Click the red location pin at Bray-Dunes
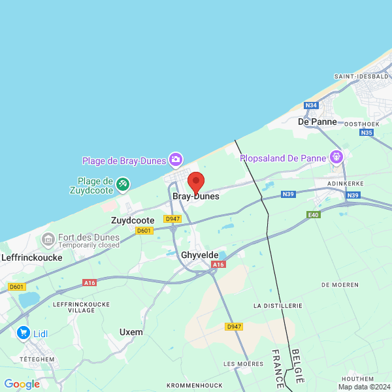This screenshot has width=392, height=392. tap(196, 182)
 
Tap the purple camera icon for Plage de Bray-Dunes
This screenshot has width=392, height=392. tap(175, 159)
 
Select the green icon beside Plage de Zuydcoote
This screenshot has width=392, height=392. tap(122, 185)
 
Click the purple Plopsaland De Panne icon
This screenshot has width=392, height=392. tap(336, 157)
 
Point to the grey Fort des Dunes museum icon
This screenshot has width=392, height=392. tap(48, 240)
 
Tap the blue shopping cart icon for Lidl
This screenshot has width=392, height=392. tap(24, 333)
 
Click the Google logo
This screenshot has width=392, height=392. tap(22, 384)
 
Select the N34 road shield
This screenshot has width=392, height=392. tap(311, 105)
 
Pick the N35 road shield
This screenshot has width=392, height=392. tap(366, 133)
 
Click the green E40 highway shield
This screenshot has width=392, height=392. tap(314, 214)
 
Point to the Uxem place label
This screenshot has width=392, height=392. tap(131, 332)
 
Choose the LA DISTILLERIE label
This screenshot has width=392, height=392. tap(278, 305)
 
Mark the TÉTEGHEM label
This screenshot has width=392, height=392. tap(37, 359)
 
